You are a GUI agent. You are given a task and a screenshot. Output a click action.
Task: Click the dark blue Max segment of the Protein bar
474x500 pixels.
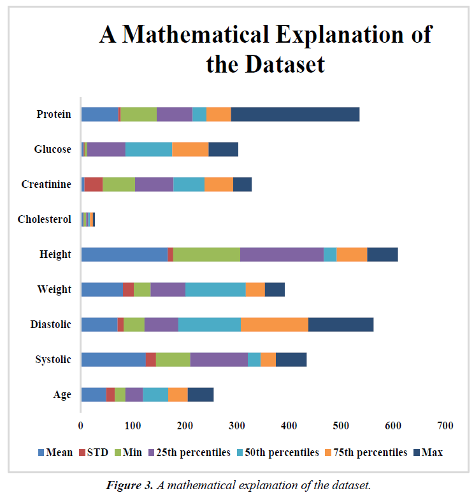[x=295, y=115]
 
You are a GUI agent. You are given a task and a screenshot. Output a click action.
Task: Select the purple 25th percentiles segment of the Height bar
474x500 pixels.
[x=282, y=254]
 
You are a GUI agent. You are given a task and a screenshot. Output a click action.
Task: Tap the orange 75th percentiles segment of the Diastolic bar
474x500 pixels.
[x=274, y=324]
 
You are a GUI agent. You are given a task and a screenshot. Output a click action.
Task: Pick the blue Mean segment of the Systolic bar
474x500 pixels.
[x=113, y=359]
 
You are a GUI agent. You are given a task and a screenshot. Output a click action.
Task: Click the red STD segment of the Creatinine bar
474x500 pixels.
[x=94, y=184]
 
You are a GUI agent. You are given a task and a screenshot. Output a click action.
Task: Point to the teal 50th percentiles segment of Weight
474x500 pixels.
[x=215, y=289]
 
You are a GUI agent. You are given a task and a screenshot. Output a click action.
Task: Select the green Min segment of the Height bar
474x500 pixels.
[x=206, y=254]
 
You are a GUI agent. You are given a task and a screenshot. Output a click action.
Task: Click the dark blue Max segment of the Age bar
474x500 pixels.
[x=201, y=394]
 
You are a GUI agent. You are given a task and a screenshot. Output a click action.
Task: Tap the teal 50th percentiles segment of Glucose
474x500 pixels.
[x=148, y=149]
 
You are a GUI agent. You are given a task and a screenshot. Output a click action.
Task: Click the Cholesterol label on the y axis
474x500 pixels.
[x=45, y=219]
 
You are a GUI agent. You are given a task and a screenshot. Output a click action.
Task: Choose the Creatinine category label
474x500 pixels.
[x=46, y=184]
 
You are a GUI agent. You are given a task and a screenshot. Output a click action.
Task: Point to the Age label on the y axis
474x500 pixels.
[x=62, y=394]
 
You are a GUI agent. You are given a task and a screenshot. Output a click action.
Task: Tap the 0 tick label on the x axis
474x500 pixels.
[x=81, y=425]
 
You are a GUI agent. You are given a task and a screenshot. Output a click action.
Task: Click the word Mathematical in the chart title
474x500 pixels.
[x=220, y=34]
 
